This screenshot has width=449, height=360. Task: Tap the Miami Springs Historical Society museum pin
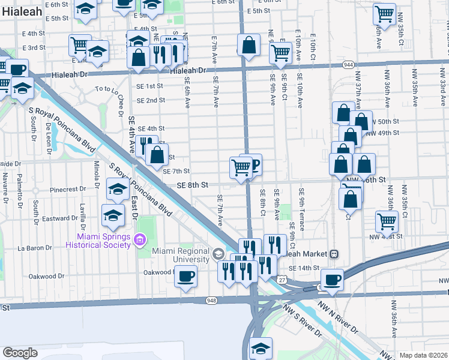point(140,241)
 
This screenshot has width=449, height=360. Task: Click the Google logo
point(20,352)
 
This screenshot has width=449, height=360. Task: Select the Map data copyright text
point(423,355)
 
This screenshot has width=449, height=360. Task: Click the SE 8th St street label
point(192,185)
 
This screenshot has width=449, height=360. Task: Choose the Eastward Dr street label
point(61,218)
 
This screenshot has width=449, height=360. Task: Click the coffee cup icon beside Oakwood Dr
point(186,276)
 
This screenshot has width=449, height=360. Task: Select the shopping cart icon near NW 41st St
point(387,221)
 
